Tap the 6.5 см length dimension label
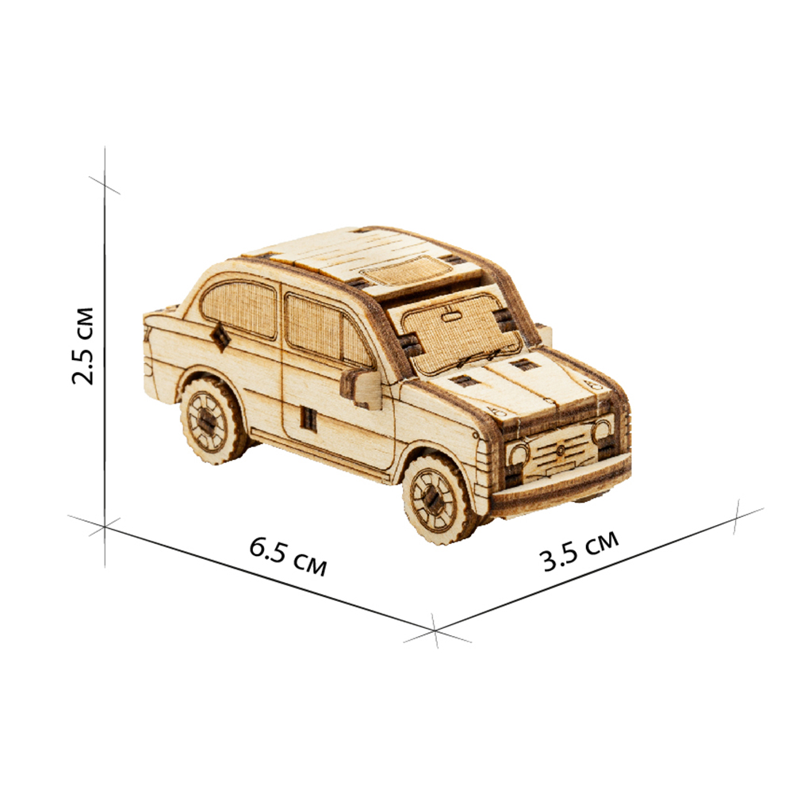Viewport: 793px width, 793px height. [x=288, y=557]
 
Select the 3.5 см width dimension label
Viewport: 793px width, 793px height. [x=579, y=551]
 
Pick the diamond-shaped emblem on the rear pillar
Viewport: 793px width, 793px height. [x=220, y=337]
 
